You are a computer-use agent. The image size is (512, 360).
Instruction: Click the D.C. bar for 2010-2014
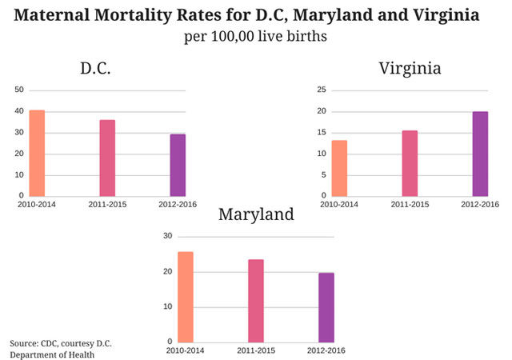tap(37, 153)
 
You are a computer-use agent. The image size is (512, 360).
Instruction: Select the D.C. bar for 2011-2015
tap(107, 158)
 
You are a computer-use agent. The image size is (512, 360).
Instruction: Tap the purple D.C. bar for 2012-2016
tap(178, 165)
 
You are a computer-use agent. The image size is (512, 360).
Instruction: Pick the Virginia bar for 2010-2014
tap(339, 168)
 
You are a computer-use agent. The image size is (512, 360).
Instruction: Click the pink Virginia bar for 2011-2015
tap(410, 163)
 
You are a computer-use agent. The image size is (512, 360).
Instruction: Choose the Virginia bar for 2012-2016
tap(480, 154)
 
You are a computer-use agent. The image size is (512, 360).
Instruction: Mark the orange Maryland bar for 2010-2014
tap(186, 297)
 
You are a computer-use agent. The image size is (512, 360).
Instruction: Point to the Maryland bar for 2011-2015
tap(256, 301)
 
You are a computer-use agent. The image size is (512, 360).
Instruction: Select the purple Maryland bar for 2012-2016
tap(326, 307)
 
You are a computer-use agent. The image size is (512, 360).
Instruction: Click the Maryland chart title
tap(256, 214)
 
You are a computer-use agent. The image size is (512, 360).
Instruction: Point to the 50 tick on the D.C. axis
tap(19, 89)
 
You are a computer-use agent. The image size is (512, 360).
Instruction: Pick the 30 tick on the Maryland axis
tap(168, 236)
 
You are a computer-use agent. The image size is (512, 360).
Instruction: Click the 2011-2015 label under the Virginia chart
tap(410, 205)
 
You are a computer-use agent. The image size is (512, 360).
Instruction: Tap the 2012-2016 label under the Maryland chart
tap(326, 351)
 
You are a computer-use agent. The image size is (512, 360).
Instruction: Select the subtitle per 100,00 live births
tap(256, 36)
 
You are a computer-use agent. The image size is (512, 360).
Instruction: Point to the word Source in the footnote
tap(25, 344)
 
